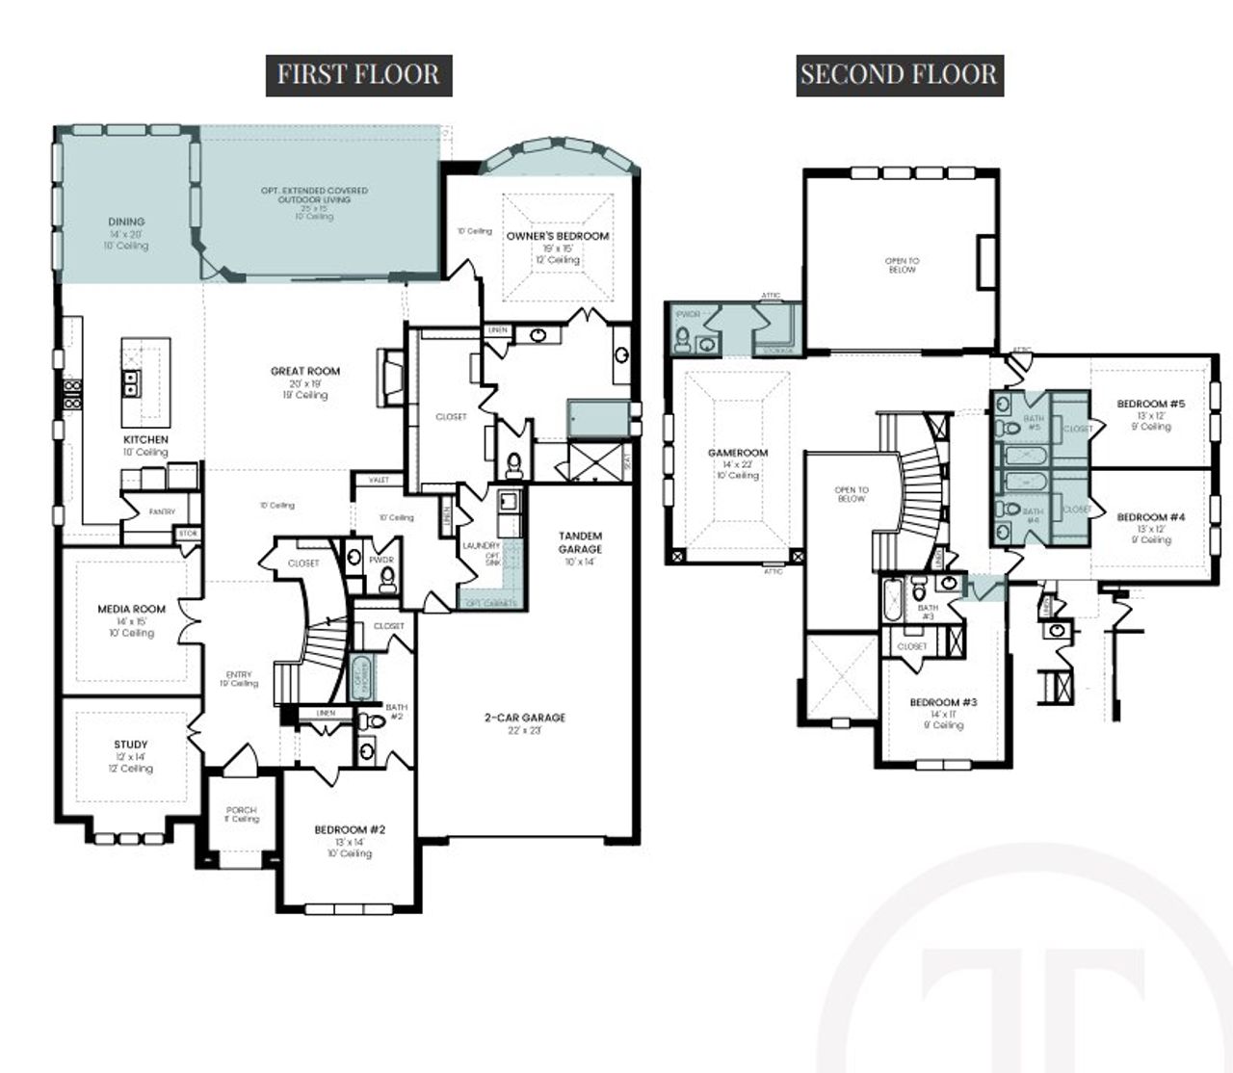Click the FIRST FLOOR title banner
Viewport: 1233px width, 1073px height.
pyautogui.click(x=358, y=74)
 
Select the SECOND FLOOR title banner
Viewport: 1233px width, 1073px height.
pyautogui.click(x=899, y=74)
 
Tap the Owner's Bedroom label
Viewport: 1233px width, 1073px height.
pyautogui.click(x=558, y=236)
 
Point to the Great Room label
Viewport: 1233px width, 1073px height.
pyautogui.click(x=305, y=371)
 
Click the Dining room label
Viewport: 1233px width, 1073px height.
pyautogui.click(x=126, y=222)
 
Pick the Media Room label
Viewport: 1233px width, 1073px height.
pyautogui.click(x=131, y=609)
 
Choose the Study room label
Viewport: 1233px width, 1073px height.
pyautogui.click(x=131, y=745)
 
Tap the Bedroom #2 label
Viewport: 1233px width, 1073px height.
pyautogui.click(x=350, y=829)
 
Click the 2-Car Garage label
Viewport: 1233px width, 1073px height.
pyautogui.click(x=525, y=718)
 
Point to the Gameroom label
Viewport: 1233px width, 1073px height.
pyautogui.click(x=738, y=453)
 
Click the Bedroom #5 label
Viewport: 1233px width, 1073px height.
pyautogui.click(x=1151, y=404)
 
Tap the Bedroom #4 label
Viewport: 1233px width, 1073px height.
pyautogui.click(x=1151, y=517)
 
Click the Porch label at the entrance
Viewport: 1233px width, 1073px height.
pyautogui.click(x=241, y=810)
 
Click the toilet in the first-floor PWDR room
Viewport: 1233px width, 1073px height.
pyautogui.click(x=387, y=579)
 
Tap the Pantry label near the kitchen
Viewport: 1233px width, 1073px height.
pyautogui.click(x=162, y=512)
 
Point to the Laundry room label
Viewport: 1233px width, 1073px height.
pyautogui.click(x=481, y=546)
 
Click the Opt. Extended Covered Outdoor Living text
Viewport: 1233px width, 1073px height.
pyautogui.click(x=315, y=196)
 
